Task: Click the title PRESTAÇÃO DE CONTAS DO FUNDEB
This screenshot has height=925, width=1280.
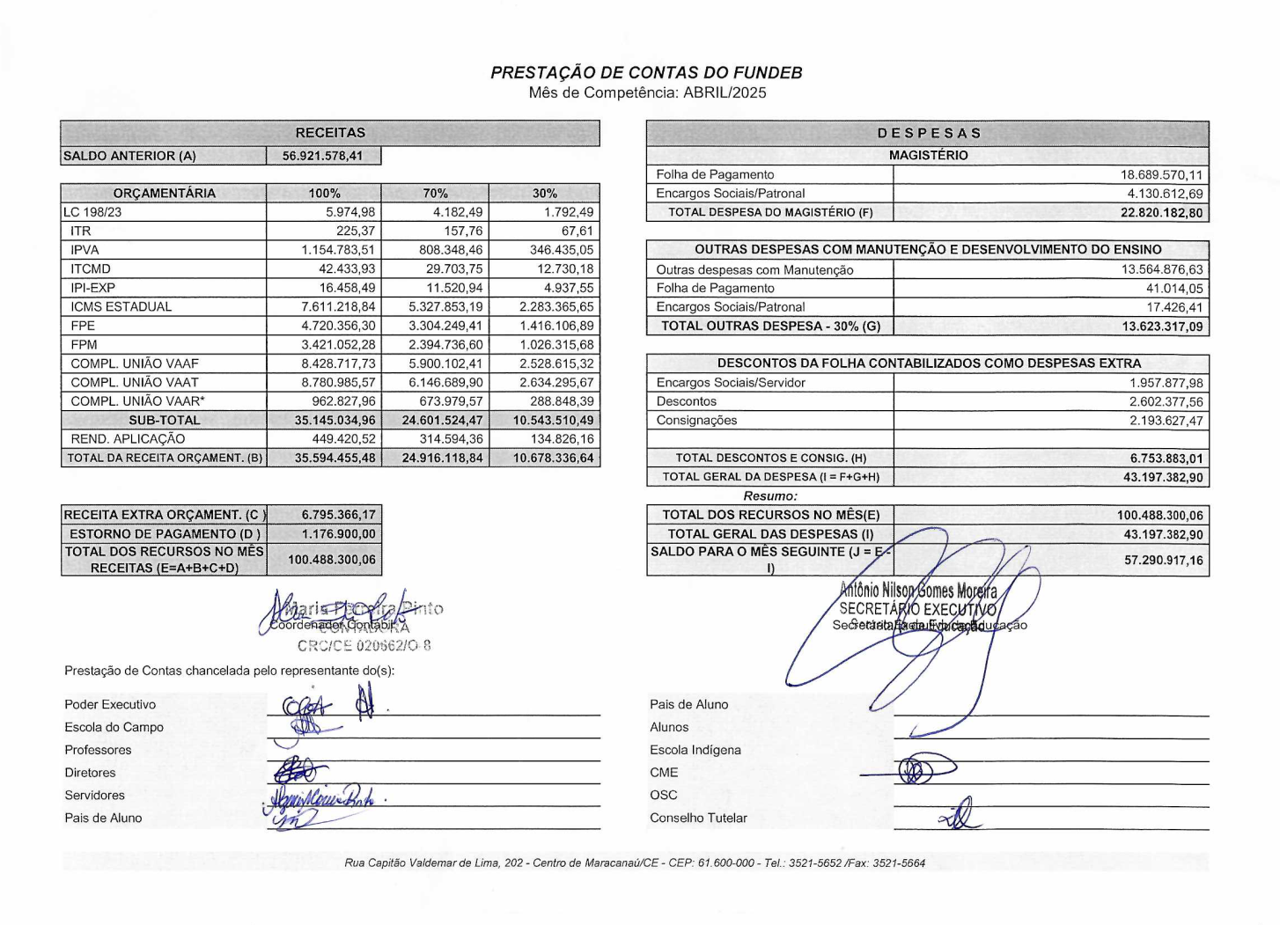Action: (x=646, y=73)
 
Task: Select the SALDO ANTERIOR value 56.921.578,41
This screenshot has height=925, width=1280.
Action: (x=322, y=157)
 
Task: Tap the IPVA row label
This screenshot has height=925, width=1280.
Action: (x=85, y=250)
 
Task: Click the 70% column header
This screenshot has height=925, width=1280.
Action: (x=435, y=194)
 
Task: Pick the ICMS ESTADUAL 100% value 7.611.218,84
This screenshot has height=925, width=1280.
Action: (x=338, y=307)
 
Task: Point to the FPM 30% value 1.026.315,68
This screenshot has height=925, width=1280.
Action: (x=556, y=345)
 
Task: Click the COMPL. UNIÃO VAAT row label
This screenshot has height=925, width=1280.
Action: (x=135, y=383)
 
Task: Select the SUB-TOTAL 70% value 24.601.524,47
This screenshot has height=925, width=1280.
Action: (x=442, y=421)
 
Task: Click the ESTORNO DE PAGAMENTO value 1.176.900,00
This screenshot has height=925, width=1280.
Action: (x=338, y=534)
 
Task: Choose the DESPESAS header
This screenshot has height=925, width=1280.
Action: (x=928, y=134)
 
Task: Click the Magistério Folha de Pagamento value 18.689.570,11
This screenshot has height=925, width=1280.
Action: (x=1161, y=175)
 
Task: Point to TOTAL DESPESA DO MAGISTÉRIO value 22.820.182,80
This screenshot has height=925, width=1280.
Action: (x=1161, y=213)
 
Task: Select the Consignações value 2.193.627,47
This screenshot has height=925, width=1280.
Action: (x=1166, y=421)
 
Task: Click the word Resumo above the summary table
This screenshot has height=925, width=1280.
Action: (x=770, y=496)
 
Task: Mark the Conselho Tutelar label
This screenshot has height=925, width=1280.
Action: (x=698, y=819)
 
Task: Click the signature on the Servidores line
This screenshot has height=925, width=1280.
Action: (x=322, y=798)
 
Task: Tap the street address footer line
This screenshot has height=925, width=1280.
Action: (x=635, y=863)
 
